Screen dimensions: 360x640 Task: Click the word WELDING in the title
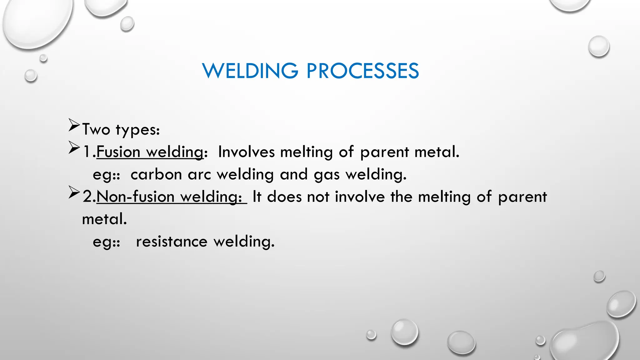pyautogui.click(x=250, y=71)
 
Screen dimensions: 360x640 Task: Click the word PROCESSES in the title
pyautogui.click(x=362, y=71)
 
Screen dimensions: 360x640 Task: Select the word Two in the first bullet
pyautogui.click(x=96, y=129)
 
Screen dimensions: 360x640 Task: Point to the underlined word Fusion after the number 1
pyautogui.click(x=118, y=152)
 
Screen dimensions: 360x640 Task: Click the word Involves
pyautogui.click(x=246, y=152)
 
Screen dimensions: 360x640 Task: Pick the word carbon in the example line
pyautogui.click(x=156, y=174)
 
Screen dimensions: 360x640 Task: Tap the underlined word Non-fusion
pyautogui.click(x=135, y=197)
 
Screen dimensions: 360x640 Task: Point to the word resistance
pyautogui.click(x=172, y=242)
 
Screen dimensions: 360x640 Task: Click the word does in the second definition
pyautogui.click(x=284, y=197)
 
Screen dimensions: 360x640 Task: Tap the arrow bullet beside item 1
pyautogui.click(x=74, y=147)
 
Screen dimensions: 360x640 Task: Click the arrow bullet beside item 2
pyautogui.click(x=74, y=192)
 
